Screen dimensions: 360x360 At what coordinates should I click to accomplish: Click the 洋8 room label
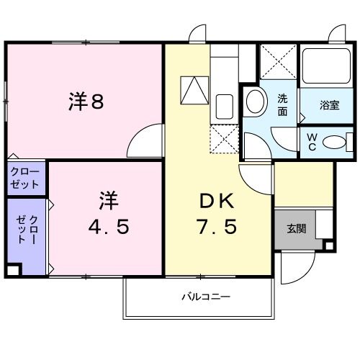86,102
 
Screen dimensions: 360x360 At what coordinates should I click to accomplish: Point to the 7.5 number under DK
216,228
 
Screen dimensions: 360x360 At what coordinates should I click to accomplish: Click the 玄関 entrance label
296,230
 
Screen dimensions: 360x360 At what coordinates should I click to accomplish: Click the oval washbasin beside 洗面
254,102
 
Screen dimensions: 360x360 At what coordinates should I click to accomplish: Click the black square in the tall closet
12,271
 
